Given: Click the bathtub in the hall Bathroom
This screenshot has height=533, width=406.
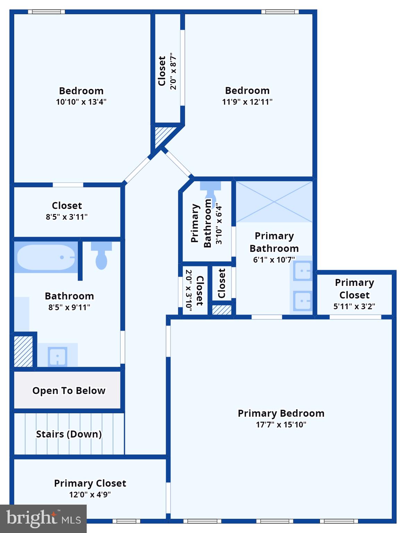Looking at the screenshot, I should click(x=46, y=257).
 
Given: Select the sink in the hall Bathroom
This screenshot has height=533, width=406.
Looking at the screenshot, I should click(x=58, y=356).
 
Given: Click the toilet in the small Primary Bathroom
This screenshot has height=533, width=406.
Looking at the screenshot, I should click(x=211, y=191).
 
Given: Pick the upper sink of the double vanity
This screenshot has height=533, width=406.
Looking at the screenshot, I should click(x=303, y=271).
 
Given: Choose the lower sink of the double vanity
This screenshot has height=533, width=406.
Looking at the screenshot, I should click(x=303, y=301).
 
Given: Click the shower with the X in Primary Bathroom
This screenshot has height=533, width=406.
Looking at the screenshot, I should click(x=274, y=202).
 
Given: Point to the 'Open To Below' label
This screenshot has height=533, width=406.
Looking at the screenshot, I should click(x=69, y=390).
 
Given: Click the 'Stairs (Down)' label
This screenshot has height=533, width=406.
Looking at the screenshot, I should click(x=69, y=434).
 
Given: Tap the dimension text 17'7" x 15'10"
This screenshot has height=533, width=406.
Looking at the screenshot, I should click(x=281, y=424).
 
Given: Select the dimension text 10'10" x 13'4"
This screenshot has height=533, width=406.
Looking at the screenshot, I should click(x=81, y=102).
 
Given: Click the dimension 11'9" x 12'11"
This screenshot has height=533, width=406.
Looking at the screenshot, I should click(x=247, y=102).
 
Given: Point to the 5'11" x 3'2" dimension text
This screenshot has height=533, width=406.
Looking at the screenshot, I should click(x=354, y=306).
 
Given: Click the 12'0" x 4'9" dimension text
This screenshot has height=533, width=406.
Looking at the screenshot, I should click(x=90, y=494).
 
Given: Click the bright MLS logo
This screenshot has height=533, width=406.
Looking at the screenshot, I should click(x=43, y=518).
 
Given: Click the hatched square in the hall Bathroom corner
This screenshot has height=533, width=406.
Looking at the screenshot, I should click(x=23, y=351).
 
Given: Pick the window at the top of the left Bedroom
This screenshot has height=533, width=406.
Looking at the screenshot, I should click(x=46, y=12).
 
